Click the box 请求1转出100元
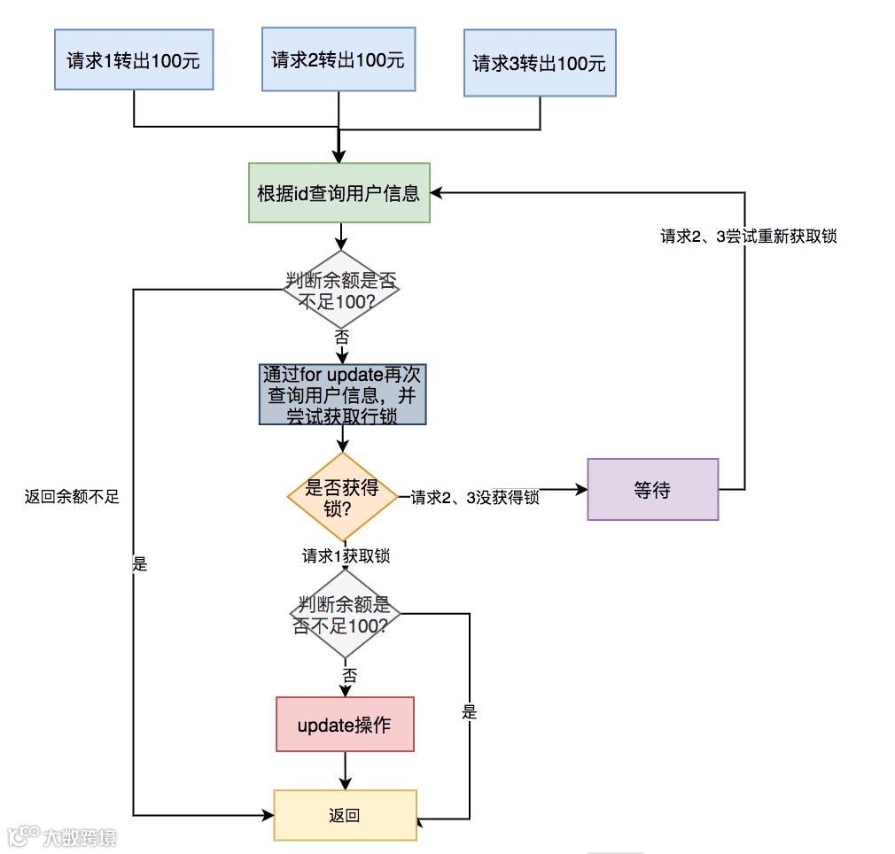134,60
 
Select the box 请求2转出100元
339,59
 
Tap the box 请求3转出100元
539,63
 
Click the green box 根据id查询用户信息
339,192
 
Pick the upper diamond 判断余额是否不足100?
341,290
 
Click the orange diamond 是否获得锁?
342,497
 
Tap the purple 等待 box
652,489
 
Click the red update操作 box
345,725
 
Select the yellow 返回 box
345,815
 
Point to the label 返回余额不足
72,497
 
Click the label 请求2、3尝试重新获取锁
749,237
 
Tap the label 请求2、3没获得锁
475,497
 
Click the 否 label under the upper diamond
341,337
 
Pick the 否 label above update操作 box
350,675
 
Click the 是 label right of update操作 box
469,712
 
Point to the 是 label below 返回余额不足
139,564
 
